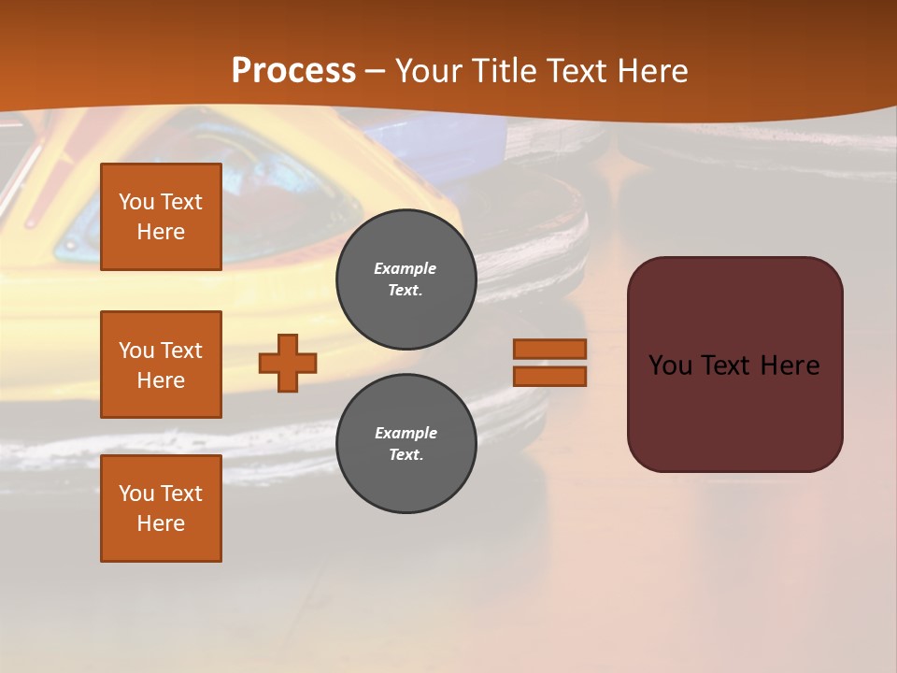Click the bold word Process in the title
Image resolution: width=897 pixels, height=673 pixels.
click(x=293, y=71)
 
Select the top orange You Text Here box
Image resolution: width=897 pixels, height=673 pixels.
click(x=161, y=217)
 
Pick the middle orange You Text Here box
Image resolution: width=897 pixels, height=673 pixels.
click(x=161, y=365)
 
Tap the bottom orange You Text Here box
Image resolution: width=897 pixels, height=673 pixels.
click(x=161, y=508)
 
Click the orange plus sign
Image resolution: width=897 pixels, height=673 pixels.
click(x=288, y=363)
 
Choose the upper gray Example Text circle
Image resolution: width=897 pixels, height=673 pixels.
click(x=406, y=279)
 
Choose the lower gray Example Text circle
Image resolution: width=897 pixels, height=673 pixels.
click(x=406, y=444)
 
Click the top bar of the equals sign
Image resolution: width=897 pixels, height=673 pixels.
click(x=549, y=349)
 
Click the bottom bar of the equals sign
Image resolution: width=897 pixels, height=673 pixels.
click(x=549, y=376)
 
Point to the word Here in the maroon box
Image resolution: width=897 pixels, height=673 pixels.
click(x=790, y=365)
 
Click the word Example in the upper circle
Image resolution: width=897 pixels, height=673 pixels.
click(x=406, y=268)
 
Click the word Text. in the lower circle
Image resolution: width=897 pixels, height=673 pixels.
click(x=406, y=455)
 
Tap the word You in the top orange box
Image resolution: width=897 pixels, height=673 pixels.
click(x=136, y=202)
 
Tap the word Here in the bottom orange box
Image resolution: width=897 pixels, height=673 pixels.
click(x=161, y=523)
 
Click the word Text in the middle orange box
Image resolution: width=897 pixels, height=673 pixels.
click(x=181, y=351)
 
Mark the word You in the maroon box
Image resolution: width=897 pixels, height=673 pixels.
click(x=670, y=365)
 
